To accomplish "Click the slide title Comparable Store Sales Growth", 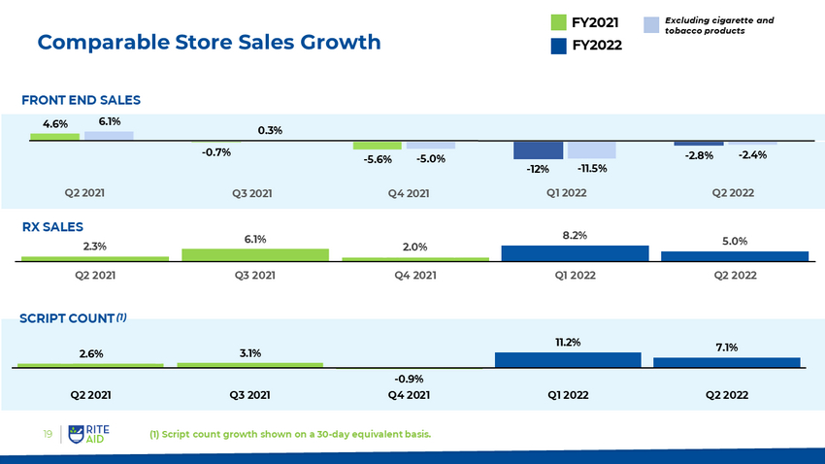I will click(209, 43).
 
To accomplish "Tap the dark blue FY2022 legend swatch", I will click(558, 46).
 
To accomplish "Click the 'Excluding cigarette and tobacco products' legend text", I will click(718, 25).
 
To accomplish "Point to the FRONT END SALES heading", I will click(82, 100).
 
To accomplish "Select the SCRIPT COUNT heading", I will click(67, 318).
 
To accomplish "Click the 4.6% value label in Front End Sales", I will click(54, 123).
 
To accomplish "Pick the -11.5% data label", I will click(591, 168).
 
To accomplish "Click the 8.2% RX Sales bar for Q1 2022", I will click(575, 253).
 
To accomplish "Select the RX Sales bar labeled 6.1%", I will click(255, 255).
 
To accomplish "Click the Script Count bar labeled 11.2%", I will click(568, 359).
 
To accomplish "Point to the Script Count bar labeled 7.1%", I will click(727, 362).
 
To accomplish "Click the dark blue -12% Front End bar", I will click(538, 150).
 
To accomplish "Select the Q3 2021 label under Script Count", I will click(249, 395).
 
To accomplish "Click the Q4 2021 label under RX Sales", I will click(414, 276).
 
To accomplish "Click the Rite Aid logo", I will click(93, 434).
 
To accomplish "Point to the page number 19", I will click(46, 434).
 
